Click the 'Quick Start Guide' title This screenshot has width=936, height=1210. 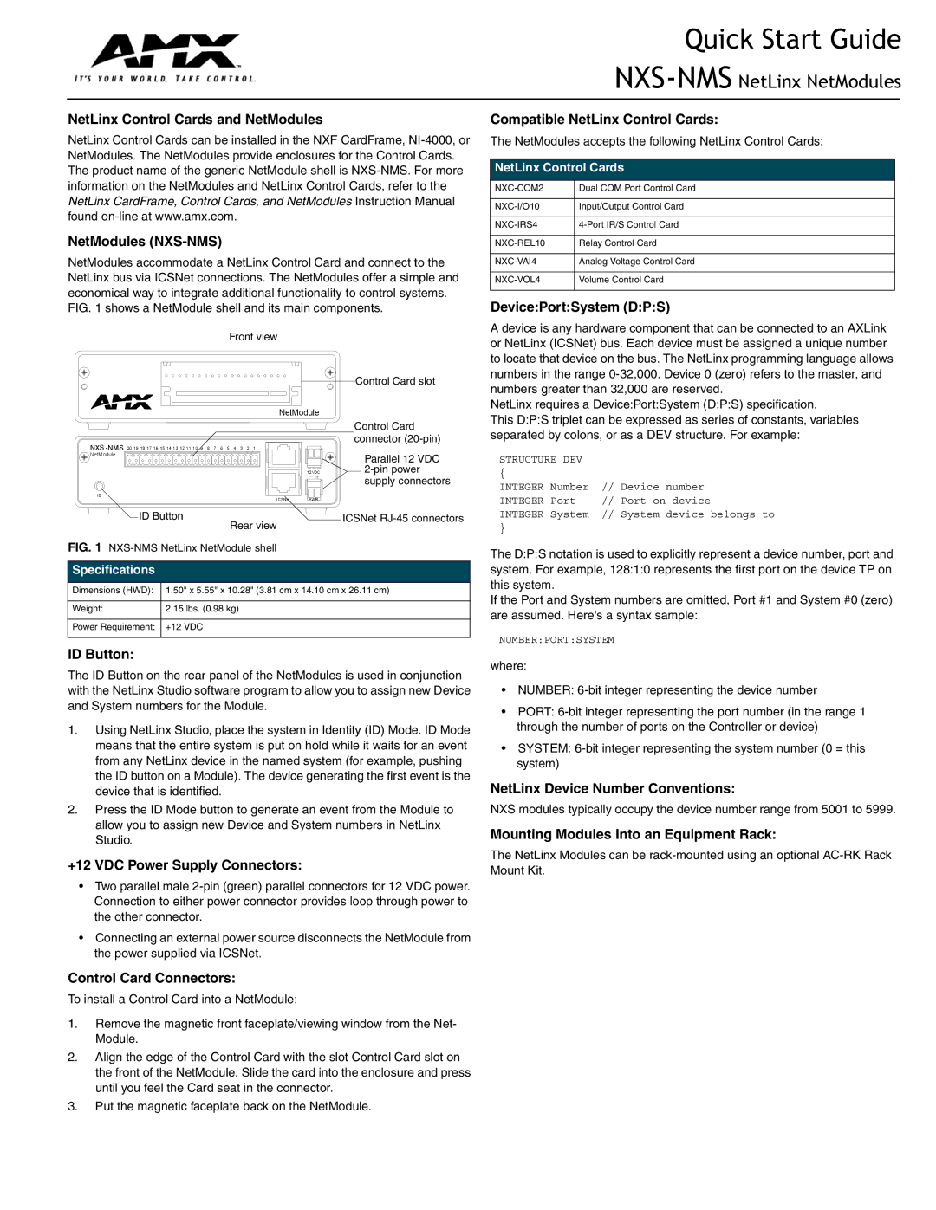click(792, 40)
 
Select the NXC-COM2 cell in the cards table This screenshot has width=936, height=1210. click(519, 188)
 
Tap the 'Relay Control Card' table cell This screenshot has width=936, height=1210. click(617, 243)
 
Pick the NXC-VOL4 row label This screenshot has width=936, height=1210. click(517, 280)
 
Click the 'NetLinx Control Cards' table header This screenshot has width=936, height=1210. click(559, 168)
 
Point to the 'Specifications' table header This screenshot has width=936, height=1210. click(114, 570)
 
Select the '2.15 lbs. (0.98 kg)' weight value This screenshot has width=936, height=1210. click(202, 609)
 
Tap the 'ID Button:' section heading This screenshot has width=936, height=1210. click(101, 655)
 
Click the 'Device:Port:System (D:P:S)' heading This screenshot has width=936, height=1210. click(580, 307)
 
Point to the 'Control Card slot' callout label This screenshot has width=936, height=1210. click(395, 381)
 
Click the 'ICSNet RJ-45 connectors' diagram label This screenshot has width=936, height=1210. click(403, 519)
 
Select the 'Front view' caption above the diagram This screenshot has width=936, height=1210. click(253, 337)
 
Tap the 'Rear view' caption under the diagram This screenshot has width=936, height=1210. click(253, 526)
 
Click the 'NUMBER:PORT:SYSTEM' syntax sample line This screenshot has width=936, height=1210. click(556, 640)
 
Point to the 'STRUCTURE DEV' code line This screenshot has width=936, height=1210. click(541, 460)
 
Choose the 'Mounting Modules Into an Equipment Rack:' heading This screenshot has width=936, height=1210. click(633, 835)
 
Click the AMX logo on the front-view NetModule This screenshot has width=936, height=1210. click(121, 402)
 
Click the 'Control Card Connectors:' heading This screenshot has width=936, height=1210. click(152, 979)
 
